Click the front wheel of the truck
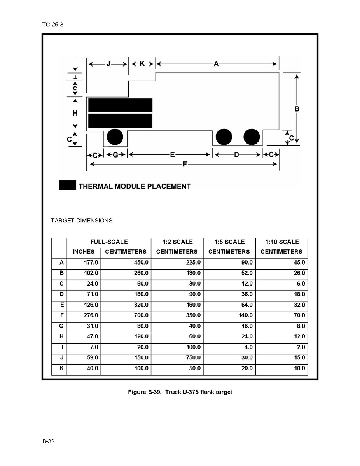(x=115, y=137)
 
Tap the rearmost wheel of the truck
(x=252, y=137)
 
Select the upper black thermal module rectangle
(x=120, y=105)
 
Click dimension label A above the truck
(x=217, y=64)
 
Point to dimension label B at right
(x=297, y=109)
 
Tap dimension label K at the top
(x=142, y=64)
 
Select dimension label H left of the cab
(x=75, y=113)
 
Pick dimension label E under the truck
(x=172, y=155)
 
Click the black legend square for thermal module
(x=67, y=186)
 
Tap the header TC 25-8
(x=52, y=25)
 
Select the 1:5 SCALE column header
(x=229, y=242)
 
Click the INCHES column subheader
(x=83, y=252)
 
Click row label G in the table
(x=61, y=326)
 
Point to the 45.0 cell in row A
(x=299, y=263)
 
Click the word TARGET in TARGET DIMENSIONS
(x=62, y=221)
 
